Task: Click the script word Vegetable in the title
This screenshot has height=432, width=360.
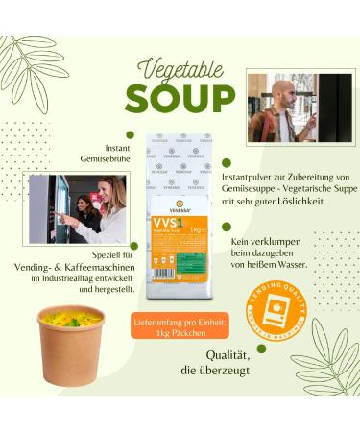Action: (180, 69)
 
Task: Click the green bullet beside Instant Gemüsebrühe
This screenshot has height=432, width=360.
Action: (127, 134)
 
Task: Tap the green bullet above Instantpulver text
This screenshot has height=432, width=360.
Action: (228, 162)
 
